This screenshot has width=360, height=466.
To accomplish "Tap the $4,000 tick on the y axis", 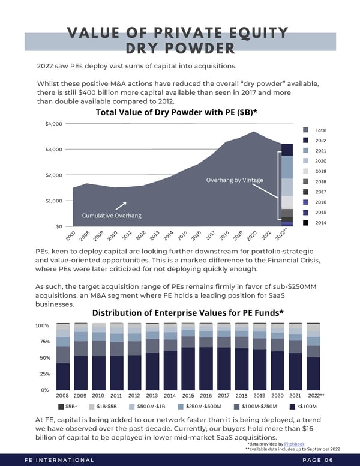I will click(53, 124).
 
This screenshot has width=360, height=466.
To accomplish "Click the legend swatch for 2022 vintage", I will click(306, 140).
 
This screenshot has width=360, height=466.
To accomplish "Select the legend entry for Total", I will click(316, 130).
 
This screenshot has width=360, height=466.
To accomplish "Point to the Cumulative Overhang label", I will click(112, 216).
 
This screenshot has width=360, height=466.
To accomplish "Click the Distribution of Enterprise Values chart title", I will click(187, 313).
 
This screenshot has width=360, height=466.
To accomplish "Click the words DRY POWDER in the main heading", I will click(180, 49).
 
